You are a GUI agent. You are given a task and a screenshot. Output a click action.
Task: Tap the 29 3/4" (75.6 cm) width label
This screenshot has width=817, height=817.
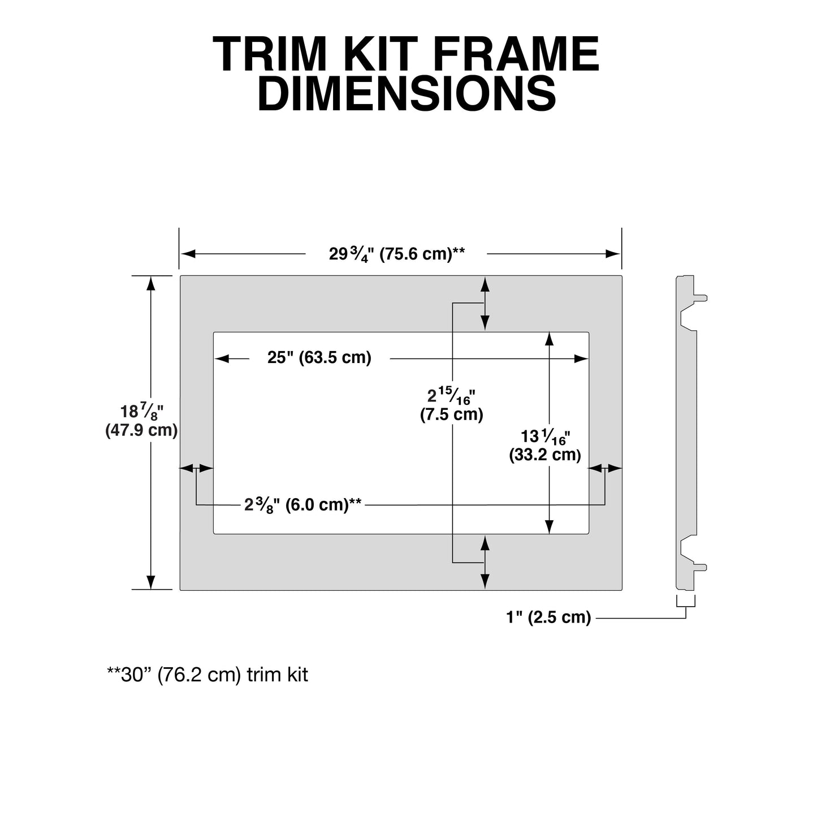pos(397,254)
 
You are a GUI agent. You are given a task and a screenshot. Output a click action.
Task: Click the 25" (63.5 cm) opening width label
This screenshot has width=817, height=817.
pos(319,358)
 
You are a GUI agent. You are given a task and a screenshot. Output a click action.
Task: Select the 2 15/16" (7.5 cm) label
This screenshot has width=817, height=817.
pos(451,405)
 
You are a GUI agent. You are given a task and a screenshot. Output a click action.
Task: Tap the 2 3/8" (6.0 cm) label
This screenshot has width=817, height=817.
pos(303,504)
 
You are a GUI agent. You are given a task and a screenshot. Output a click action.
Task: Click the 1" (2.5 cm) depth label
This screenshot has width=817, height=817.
pos(548,617)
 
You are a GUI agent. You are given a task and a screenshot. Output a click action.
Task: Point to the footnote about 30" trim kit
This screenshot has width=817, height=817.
pos(208,675)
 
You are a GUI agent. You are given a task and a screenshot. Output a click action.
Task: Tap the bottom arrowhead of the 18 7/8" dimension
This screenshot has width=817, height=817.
pos(150,582)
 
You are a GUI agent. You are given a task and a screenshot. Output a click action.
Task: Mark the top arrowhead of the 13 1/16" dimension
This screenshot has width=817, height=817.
pos(548,339)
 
